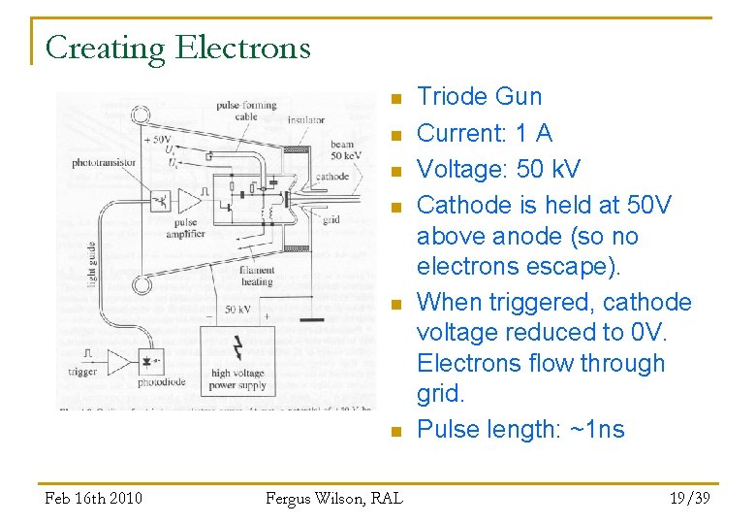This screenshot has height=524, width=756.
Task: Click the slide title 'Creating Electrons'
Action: click(177, 48)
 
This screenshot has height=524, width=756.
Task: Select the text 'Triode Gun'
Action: click(479, 97)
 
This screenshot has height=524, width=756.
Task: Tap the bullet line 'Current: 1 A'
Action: click(484, 133)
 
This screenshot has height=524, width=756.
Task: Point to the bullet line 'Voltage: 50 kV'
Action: click(497, 169)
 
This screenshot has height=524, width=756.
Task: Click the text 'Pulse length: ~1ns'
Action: click(520, 430)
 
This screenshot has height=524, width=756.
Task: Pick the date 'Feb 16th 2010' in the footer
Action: click(94, 498)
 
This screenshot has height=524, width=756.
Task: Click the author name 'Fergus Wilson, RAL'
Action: click(333, 498)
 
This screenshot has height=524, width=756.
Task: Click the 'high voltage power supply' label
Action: click(237, 378)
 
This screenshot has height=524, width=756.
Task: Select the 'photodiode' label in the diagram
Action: click(160, 382)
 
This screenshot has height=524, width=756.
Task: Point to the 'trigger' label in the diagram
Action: click(83, 372)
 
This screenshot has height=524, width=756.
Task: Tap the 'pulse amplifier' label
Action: click(184, 229)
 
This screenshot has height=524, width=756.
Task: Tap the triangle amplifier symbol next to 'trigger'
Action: click(118, 363)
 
